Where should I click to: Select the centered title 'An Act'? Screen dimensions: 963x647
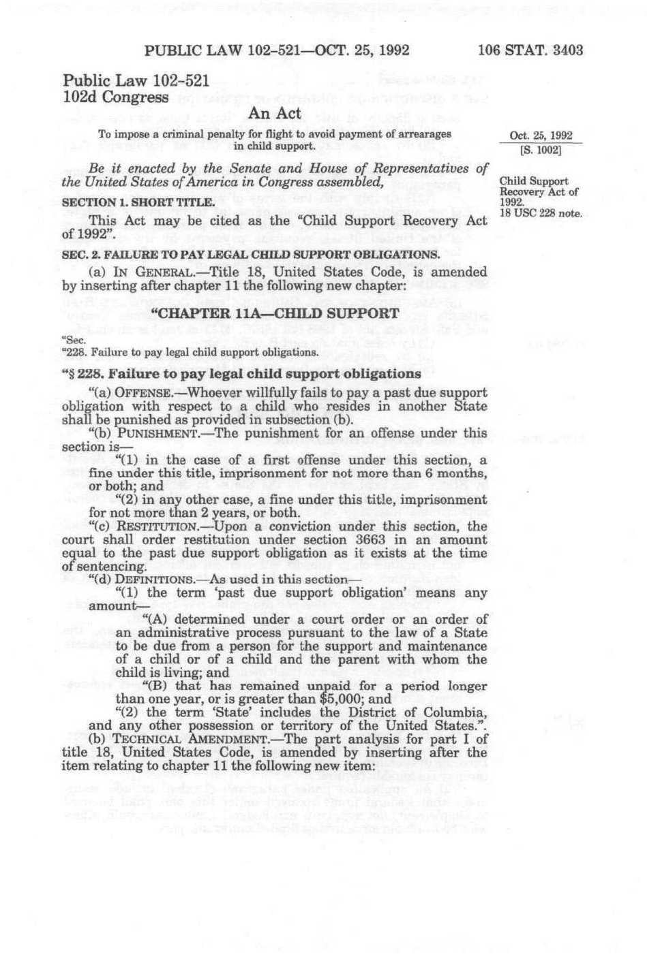pos(275,114)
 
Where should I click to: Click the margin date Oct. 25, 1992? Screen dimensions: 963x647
pos(541,135)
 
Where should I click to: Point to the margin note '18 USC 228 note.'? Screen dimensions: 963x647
pos(541,213)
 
